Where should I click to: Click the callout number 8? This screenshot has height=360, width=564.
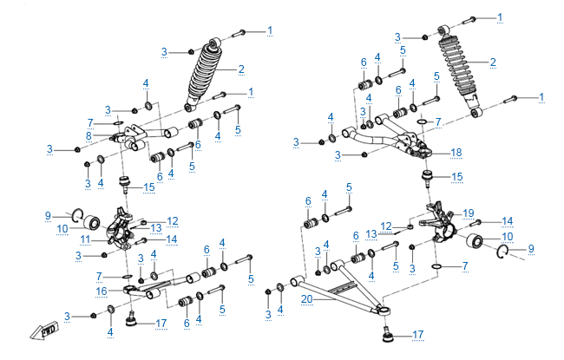pos(89,136)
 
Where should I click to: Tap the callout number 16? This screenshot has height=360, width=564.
pos(102,291)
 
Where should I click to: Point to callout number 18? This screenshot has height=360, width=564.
pos(456,152)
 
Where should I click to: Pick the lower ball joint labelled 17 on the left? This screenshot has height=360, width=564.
pos(133,320)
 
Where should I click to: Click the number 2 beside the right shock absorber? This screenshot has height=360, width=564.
pos(493,62)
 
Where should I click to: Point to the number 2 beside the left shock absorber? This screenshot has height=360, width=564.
pos(242,69)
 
